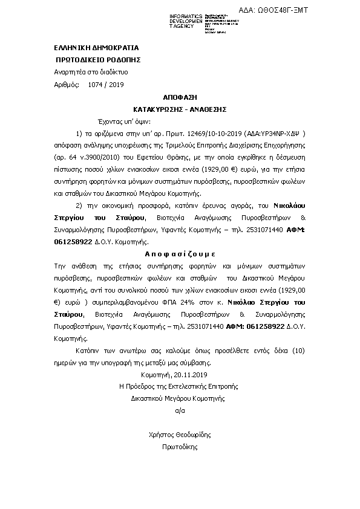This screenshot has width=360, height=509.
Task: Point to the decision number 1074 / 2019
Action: pyautogui.click(x=105, y=85)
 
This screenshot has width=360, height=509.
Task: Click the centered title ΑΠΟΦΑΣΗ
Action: pyautogui.click(x=180, y=97)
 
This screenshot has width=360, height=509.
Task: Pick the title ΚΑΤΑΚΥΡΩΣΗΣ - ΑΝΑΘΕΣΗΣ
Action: pyautogui.click(x=180, y=109)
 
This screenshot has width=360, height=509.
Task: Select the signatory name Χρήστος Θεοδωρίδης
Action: pyautogui.click(x=180, y=435)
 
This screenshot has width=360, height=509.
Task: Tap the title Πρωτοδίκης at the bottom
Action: pyautogui.click(x=180, y=447)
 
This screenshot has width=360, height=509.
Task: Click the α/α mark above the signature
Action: pyautogui.click(x=179, y=410)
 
